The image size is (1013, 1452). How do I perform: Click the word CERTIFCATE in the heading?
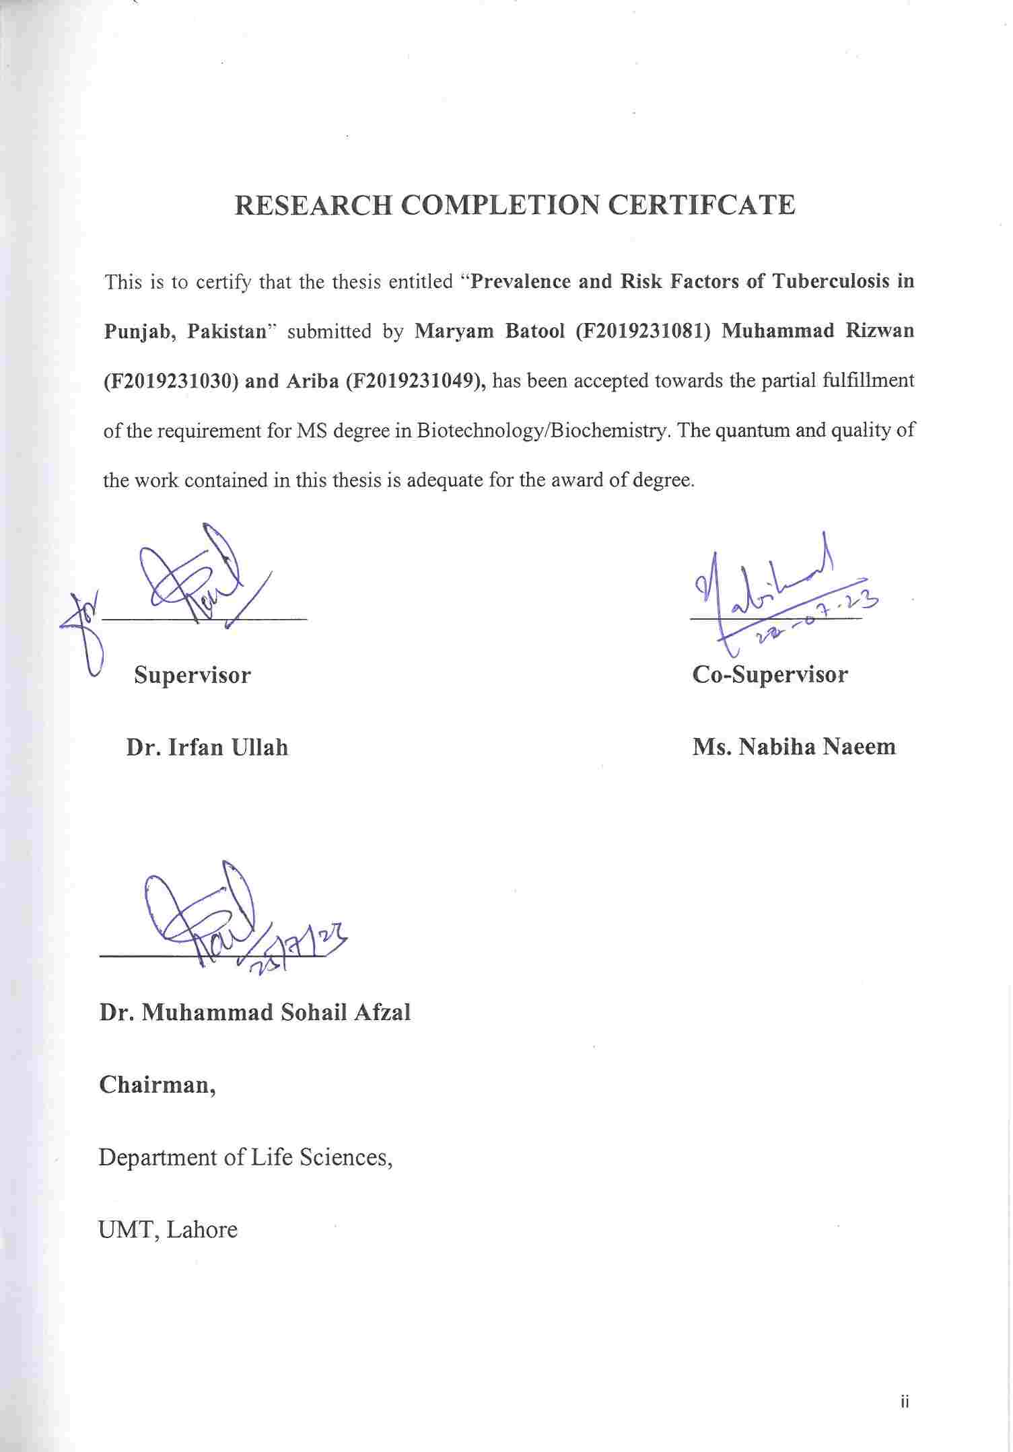click(x=701, y=205)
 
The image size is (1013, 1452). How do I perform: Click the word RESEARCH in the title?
click(x=313, y=205)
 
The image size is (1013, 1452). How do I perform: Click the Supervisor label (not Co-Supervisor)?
click(x=193, y=675)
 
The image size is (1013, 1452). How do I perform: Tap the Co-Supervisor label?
click(x=770, y=674)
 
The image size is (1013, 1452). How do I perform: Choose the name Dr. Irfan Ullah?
click(x=207, y=747)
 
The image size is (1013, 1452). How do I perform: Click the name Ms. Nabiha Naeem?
click(x=794, y=747)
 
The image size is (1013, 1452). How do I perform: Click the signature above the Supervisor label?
click(x=195, y=579)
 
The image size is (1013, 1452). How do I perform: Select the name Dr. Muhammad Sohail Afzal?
click(x=255, y=1012)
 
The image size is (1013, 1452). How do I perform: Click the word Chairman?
click(x=158, y=1085)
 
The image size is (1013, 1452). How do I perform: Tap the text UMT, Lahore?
click(x=168, y=1230)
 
